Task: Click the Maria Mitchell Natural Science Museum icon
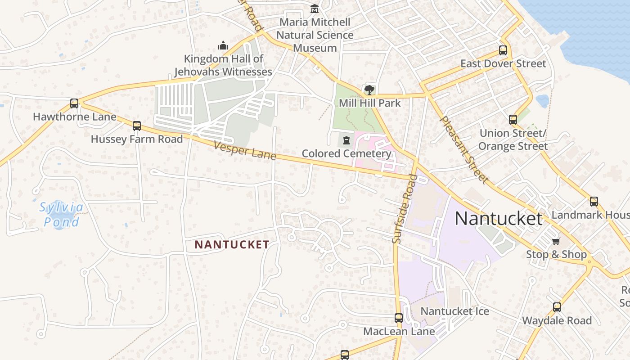pyautogui.click(x=315, y=9)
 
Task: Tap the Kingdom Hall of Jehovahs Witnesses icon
pyautogui.click(x=223, y=45)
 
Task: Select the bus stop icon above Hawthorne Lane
pyautogui.click(x=74, y=103)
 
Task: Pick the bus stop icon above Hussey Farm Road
pyautogui.click(x=137, y=126)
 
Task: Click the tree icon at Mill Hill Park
pyautogui.click(x=369, y=90)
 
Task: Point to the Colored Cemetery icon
pyautogui.click(x=346, y=140)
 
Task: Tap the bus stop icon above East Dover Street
pyautogui.click(x=503, y=50)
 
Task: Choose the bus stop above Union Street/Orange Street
pyautogui.click(x=513, y=120)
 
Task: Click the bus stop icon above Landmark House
pyautogui.click(x=594, y=202)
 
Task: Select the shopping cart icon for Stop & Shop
pyautogui.click(x=556, y=241)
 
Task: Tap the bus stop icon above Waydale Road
pyautogui.click(x=557, y=307)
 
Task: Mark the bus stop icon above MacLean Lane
pyautogui.click(x=399, y=318)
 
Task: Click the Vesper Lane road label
pyautogui.click(x=245, y=151)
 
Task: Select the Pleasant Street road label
pyautogui.click(x=463, y=150)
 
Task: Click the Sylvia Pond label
pyautogui.click(x=61, y=215)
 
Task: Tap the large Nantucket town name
pyautogui.click(x=499, y=219)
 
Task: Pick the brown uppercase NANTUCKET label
pyautogui.click(x=232, y=245)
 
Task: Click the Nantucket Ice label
pyautogui.click(x=454, y=311)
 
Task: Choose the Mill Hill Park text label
pyautogui.click(x=369, y=103)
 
